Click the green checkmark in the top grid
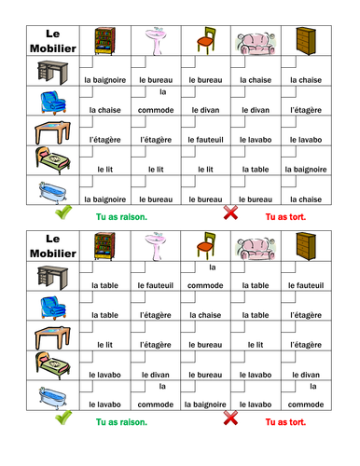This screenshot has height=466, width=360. pos(64,213)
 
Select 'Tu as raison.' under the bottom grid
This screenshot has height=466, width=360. pos(121,421)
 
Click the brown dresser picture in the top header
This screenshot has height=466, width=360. pos(305,40)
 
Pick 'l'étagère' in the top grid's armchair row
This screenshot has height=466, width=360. pos(305,110)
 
